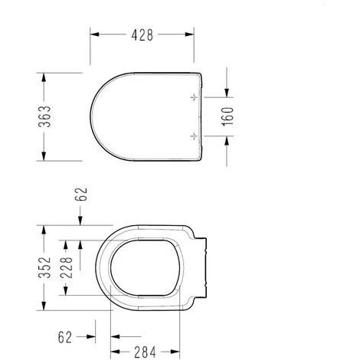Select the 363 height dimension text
click(x=47, y=116)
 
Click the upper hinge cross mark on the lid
click(x=193, y=98)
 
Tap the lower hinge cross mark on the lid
click(x=193, y=135)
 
